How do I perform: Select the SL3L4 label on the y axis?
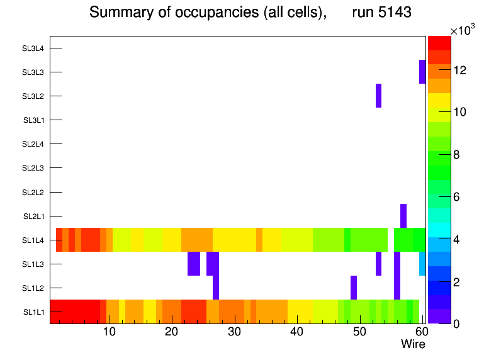pyautogui.click(x=33, y=48)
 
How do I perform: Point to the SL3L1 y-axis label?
pyautogui.click(x=33, y=120)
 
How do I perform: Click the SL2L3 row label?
pyautogui.click(x=33, y=168)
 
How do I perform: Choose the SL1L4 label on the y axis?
pyautogui.click(x=33, y=240)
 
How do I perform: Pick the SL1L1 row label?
pyautogui.click(x=33, y=312)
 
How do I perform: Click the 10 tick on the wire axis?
pyautogui.click(x=109, y=332)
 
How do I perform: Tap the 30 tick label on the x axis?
pyautogui.click(x=234, y=332)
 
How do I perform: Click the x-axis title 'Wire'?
pyautogui.click(x=413, y=344)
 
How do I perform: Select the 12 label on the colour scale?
pyautogui.click(x=459, y=70)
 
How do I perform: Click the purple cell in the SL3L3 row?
pyautogui.click(x=422, y=72)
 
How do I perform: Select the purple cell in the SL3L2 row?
pyautogui.click(x=378, y=96)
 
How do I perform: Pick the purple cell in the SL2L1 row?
pyautogui.click(x=403, y=216)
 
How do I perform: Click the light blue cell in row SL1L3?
pyautogui.click(x=422, y=264)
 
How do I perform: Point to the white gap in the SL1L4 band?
pyautogui.click(x=390, y=240)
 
